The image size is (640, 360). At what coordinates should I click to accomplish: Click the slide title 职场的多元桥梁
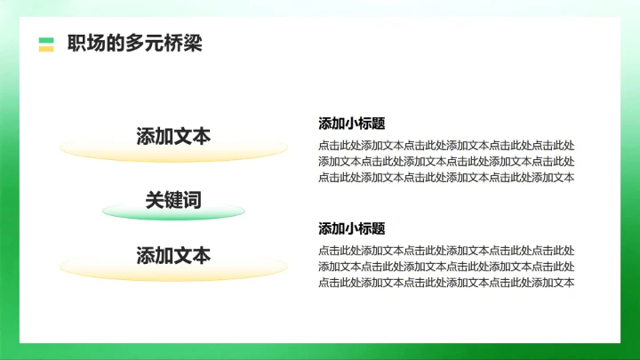pos(134,44)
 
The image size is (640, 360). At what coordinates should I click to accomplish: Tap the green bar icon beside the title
pos(46,39)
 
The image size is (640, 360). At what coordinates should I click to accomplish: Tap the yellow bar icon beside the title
pos(46,49)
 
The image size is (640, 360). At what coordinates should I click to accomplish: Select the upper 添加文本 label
pos(173,136)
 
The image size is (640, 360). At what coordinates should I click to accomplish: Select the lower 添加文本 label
pos(173,256)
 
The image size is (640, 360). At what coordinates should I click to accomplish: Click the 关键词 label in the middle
pos(173,200)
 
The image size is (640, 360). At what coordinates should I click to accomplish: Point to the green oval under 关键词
pos(173,213)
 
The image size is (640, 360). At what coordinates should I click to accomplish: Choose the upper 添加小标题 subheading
pos(351,124)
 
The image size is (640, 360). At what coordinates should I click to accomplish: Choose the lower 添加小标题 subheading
pos(351,228)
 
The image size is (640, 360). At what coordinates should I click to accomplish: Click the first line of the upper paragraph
pos(445,145)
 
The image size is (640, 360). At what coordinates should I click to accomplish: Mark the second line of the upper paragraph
pos(445,161)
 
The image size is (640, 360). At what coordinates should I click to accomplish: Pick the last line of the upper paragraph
pos(445,177)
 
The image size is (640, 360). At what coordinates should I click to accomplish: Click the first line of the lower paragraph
pos(445,251)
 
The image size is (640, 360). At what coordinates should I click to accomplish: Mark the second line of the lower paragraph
pos(445,267)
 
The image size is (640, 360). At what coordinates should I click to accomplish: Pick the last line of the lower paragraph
pos(445,283)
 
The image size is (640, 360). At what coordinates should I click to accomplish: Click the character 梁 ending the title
pos(193,44)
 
